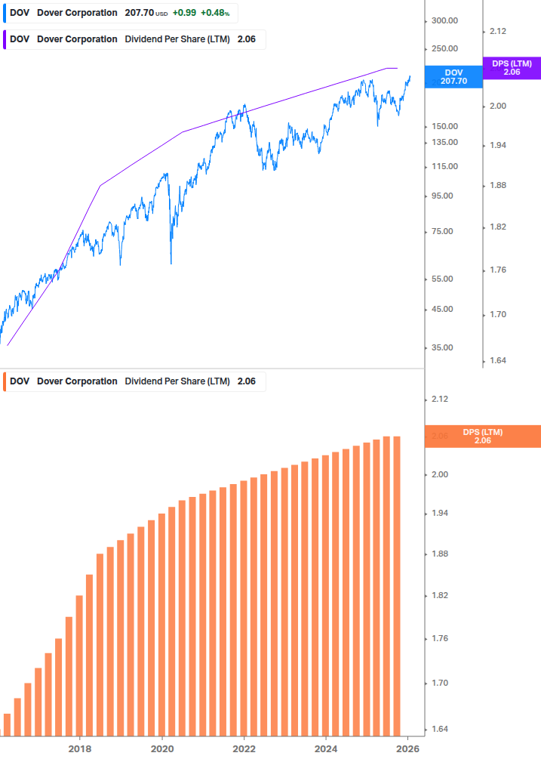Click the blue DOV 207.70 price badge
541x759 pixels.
[x=454, y=76]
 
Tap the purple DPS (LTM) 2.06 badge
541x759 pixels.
[x=512, y=68]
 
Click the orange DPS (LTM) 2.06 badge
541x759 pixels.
[x=483, y=437]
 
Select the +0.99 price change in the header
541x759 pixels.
[x=186, y=13]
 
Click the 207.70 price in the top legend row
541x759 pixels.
[x=139, y=13]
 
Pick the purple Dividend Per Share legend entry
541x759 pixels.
[x=136, y=39]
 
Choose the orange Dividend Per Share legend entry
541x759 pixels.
[x=136, y=381]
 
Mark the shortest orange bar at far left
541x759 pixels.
[x=8, y=724]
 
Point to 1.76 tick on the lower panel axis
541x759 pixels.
[x=439, y=639]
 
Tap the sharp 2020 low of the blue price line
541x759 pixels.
[x=171, y=263]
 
